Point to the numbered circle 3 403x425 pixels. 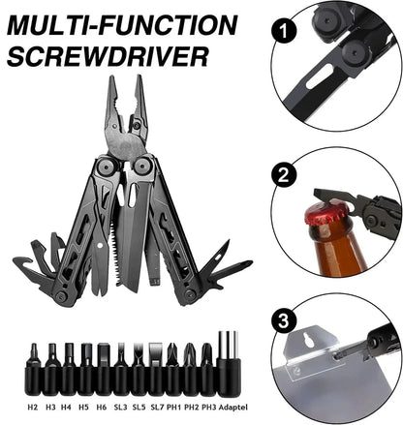pyautogui.click(x=283, y=320)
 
